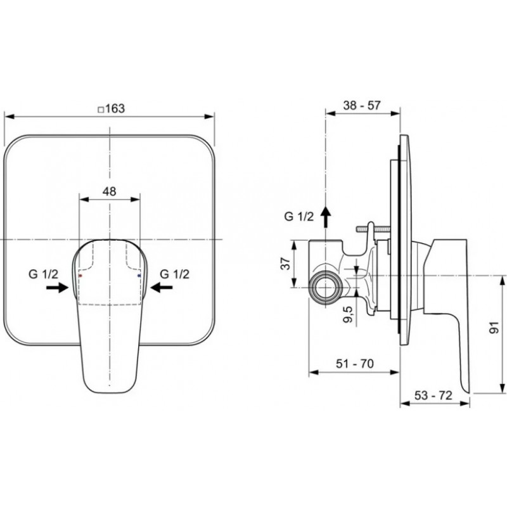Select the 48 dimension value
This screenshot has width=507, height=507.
[109, 191]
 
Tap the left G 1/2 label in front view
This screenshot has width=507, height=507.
[43, 274]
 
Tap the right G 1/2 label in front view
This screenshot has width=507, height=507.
[175, 274]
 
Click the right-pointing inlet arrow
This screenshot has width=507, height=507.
[58, 287]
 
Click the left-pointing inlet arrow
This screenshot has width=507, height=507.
[162, 287]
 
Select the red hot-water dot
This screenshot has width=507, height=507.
[80, 276]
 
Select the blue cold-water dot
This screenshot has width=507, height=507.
[139, 276]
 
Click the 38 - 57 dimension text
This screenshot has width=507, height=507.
[362, 105]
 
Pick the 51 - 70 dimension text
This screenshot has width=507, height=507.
[355, 363]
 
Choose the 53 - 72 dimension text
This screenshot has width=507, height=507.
[433, 395]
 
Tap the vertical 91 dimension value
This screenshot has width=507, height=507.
[494, 328]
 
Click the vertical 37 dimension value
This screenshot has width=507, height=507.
[286, 264]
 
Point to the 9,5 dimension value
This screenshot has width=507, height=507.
[349, 315]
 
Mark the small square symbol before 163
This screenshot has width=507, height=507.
[101, 110]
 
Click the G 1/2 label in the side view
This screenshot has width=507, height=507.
[299, 216]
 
